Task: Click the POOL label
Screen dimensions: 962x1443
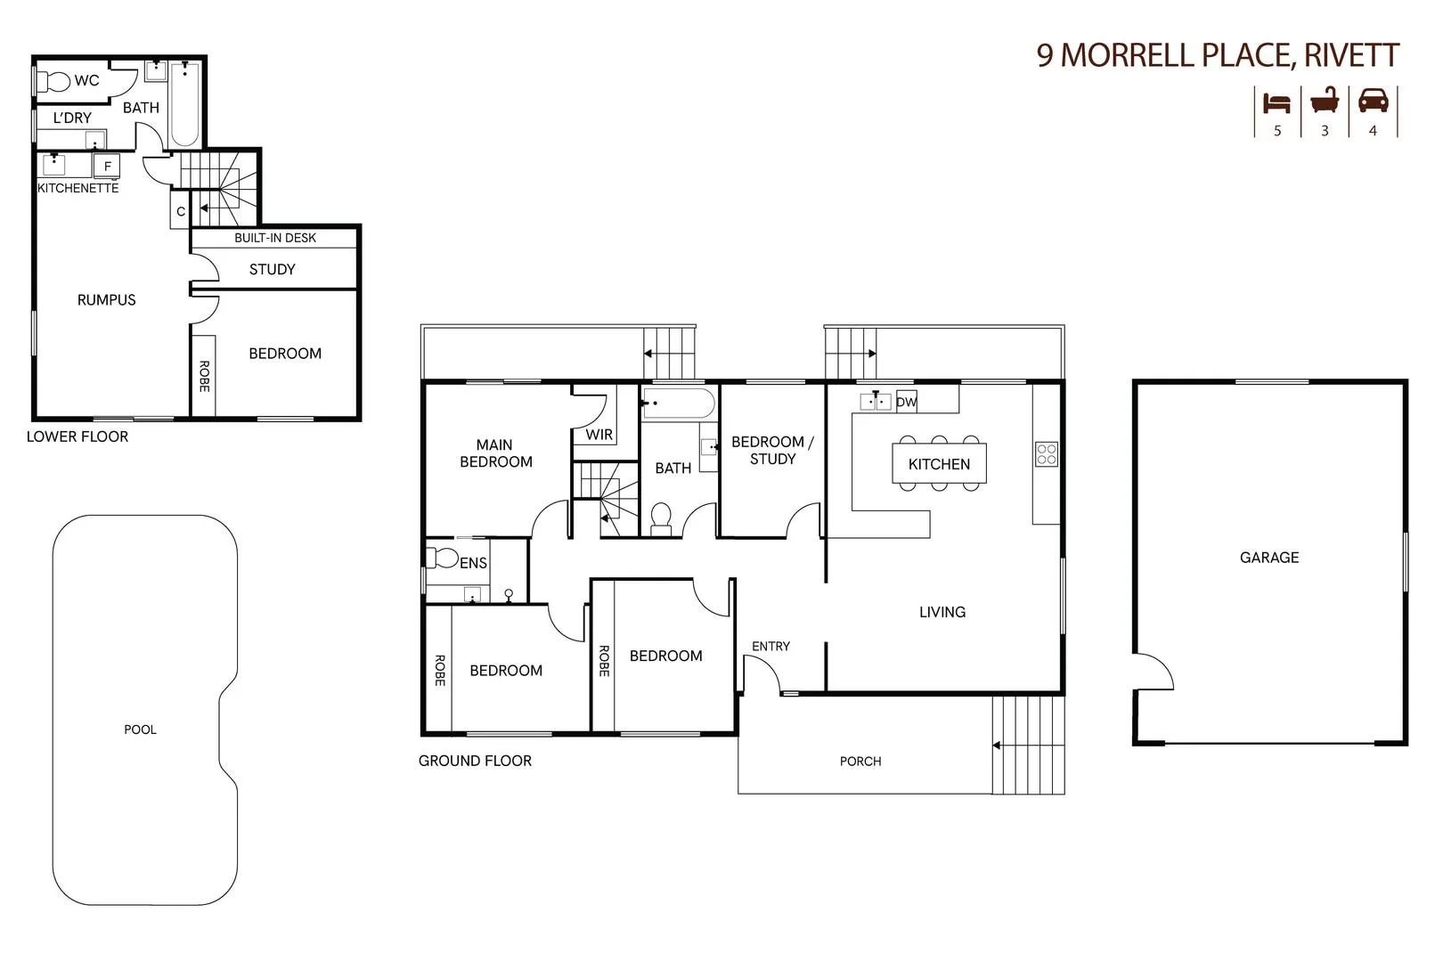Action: [x=140, y=730]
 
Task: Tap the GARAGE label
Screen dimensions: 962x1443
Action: [x=1268, y=558]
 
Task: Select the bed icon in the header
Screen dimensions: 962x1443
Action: [x=1276, y=102]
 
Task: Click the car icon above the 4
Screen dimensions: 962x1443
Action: [x=1373, y=100]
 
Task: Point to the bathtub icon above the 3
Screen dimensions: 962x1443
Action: [x=1325, y=101]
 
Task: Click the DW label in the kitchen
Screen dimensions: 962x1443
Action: [x=906, y=403]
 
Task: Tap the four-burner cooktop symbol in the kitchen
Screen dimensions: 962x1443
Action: [x=1047, y=454]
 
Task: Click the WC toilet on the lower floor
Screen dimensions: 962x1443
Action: [x=55, y=81]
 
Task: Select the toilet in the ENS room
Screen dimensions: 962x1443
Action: [x=443, y=558]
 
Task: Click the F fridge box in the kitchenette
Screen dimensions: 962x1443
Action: [x=107, y=167]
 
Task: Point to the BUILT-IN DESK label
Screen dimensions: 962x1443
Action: [x=275, y=238]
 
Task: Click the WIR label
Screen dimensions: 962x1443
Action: [x=599, y=435]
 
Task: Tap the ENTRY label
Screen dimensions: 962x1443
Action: [x=770, y=646]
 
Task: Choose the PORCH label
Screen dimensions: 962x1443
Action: [x=860, y=762]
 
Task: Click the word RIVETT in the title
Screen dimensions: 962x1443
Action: [x=1350, y=55]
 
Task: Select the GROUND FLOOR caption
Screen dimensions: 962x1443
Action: [x=475, y=761]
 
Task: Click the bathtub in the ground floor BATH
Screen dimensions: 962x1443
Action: [x=679, y=404]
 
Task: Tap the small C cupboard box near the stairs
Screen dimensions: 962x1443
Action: [x=181, y=211]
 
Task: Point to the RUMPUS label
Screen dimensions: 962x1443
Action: [x=106, y=300]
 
